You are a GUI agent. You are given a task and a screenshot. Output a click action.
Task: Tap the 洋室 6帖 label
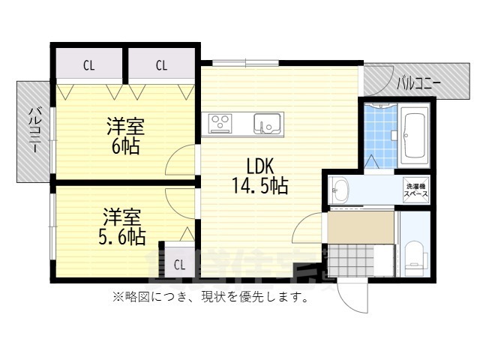click(x=125, y=135)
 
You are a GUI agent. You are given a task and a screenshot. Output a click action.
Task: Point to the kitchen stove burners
click(x=221, y=121)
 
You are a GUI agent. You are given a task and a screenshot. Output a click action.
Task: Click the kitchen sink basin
click(x=266, y=121)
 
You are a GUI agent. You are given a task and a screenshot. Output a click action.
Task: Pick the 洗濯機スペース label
click(x=416, y=190)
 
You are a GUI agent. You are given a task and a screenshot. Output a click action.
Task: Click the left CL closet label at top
click(x=88, y=65)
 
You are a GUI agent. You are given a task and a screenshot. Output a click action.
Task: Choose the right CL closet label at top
click(x=161, y=65)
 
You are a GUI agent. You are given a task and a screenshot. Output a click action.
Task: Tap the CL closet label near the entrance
click(x=179, y=264)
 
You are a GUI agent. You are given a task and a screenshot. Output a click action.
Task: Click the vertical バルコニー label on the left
click(x=34, y=131)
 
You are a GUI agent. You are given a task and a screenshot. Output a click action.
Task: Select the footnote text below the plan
click(x=211, y=297)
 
